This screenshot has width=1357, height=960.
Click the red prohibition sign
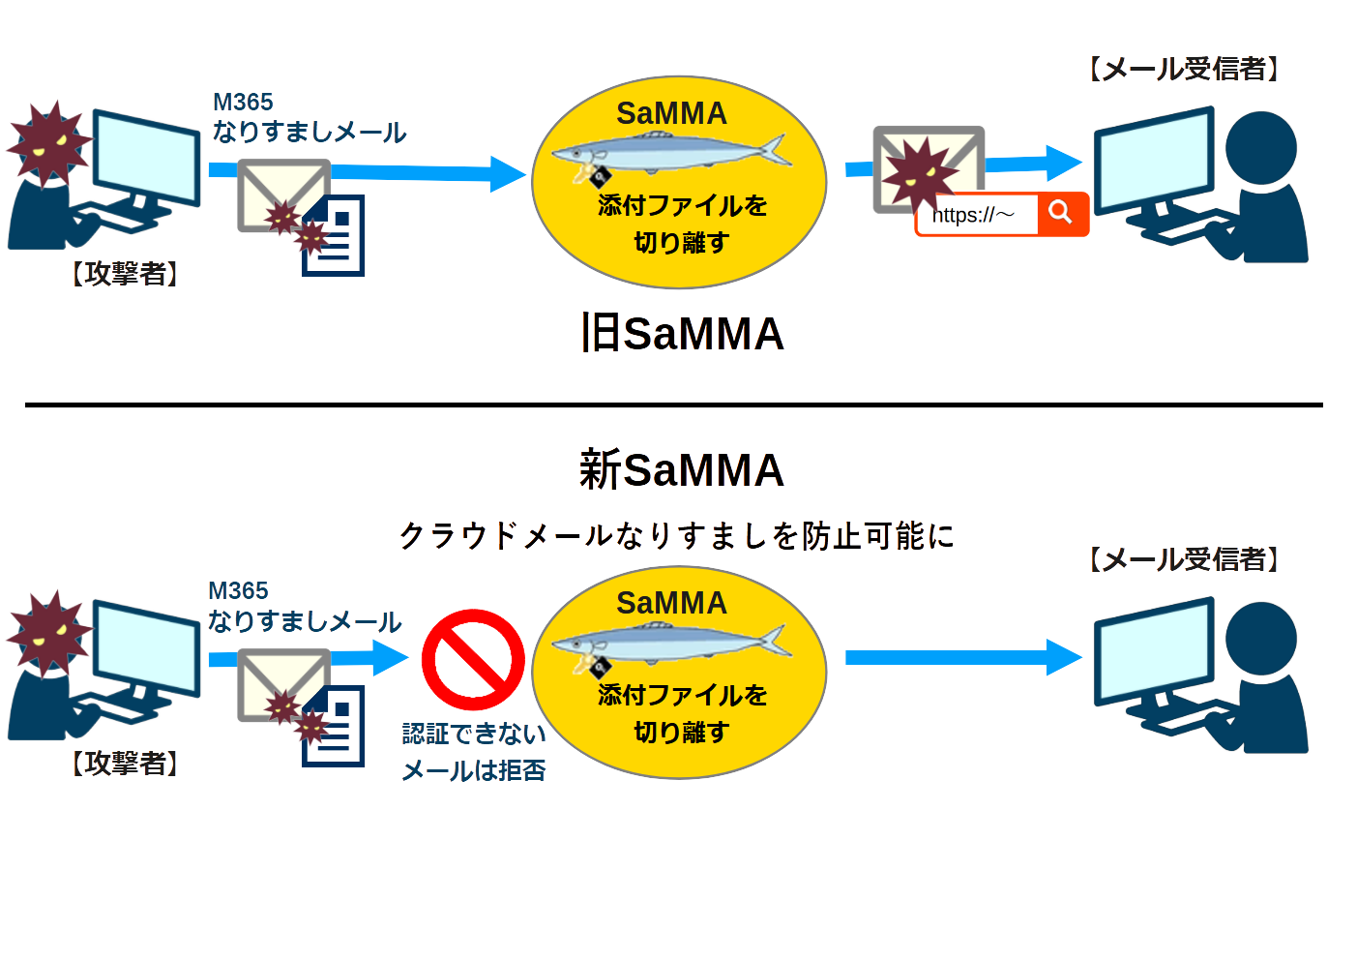point(473,660)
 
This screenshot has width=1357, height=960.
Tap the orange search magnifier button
point(1061,213)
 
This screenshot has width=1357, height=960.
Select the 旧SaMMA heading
point(682,334)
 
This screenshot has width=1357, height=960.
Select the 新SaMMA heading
point(682,470)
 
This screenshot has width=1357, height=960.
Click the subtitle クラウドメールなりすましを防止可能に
point(677,535)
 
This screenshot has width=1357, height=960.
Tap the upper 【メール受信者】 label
point(1184,69)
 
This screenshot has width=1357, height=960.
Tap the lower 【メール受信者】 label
point(1184,559)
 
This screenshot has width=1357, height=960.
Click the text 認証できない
point(474,734)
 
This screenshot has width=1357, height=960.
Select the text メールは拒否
point(474,770)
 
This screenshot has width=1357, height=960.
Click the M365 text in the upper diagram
point(243,102)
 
